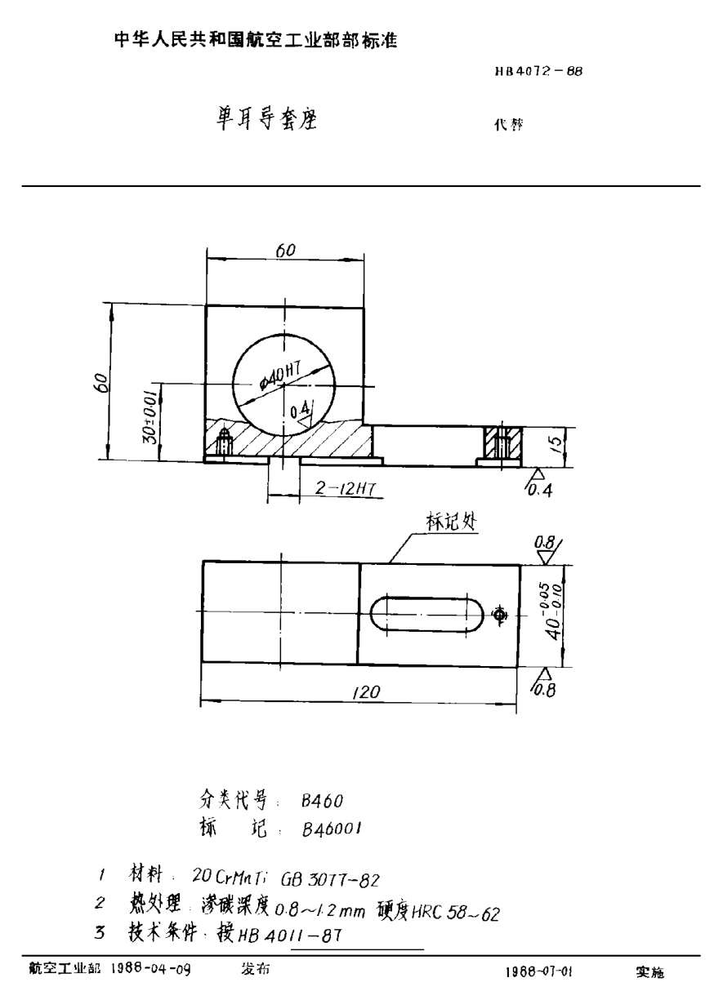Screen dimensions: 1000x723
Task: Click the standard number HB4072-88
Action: click(538, 71)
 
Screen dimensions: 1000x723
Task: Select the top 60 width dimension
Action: click(284, 251)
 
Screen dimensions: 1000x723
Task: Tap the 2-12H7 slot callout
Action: click(343, 489)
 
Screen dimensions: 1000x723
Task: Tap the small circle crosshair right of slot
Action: click(500, 614)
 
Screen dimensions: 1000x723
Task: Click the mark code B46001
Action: click(332, 828)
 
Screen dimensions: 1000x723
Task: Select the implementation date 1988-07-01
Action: click(539, 972)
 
